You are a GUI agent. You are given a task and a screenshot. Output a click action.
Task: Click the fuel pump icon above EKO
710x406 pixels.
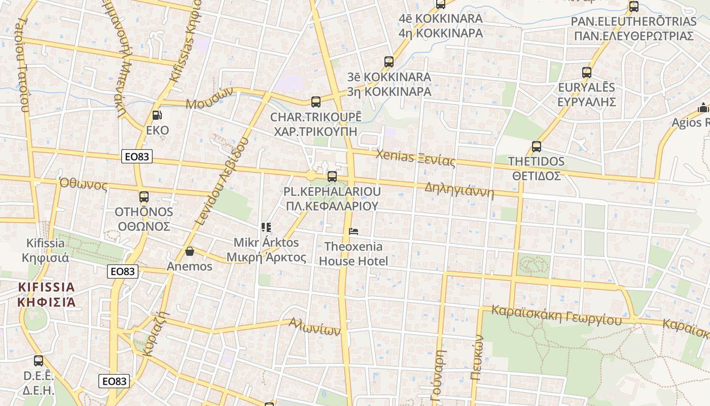coord(157,116)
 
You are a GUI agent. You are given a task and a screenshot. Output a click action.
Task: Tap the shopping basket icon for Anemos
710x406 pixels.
coord(190,251)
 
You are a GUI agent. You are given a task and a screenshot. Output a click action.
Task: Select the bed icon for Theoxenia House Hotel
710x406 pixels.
coord(353,232)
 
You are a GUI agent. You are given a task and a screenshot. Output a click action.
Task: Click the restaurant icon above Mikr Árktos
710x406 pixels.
coord(266,227)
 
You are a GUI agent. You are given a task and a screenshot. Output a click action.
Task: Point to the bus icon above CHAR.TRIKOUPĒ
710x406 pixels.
coord(315,102)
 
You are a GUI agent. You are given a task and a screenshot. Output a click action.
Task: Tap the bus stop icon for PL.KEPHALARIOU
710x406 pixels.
coord(332,177)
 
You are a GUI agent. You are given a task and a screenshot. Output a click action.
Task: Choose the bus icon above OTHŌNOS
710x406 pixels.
coord(144,197)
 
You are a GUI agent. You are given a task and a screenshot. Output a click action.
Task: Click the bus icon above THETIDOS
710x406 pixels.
coord(536,147)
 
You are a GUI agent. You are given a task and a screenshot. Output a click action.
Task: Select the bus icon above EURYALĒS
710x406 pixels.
coord(586,73)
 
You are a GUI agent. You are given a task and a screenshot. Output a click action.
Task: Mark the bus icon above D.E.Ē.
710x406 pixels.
coord(39,361)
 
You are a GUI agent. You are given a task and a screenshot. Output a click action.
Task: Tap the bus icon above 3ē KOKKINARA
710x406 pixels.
coord(389,62)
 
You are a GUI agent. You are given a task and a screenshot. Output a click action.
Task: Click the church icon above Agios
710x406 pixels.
coord(703,108)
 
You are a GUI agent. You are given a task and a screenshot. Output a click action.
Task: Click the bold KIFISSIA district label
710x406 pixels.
coord(46,294)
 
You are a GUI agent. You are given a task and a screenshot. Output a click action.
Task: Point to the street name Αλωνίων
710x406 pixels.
coord(314,326)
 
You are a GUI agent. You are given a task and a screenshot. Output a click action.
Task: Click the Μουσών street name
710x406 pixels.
coord(209,98)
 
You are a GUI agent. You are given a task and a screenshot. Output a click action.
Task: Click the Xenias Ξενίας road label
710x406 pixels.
coord(415,158)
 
